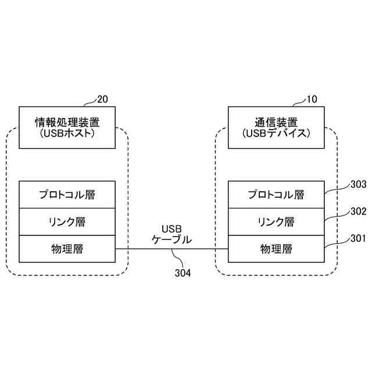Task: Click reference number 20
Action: point(102,99)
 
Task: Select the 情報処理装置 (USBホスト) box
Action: point(67,127)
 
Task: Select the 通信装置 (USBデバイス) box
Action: point(276,127)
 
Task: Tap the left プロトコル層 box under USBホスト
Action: point(67,195)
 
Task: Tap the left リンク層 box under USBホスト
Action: point(67,221)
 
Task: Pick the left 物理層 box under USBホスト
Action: point(67,249)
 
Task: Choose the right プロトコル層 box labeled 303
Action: point(276,195)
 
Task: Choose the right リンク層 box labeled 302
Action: point(276,221)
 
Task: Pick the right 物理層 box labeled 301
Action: point(276,249)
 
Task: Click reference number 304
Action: point(183,272)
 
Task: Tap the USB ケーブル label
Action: point(171,234)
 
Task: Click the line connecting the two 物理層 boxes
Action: point(145,249)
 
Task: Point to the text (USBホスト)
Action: point(67,134)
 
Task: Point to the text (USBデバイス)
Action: point(276,134)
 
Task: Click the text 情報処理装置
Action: point(67,122)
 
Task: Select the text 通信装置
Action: point(276,122)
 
